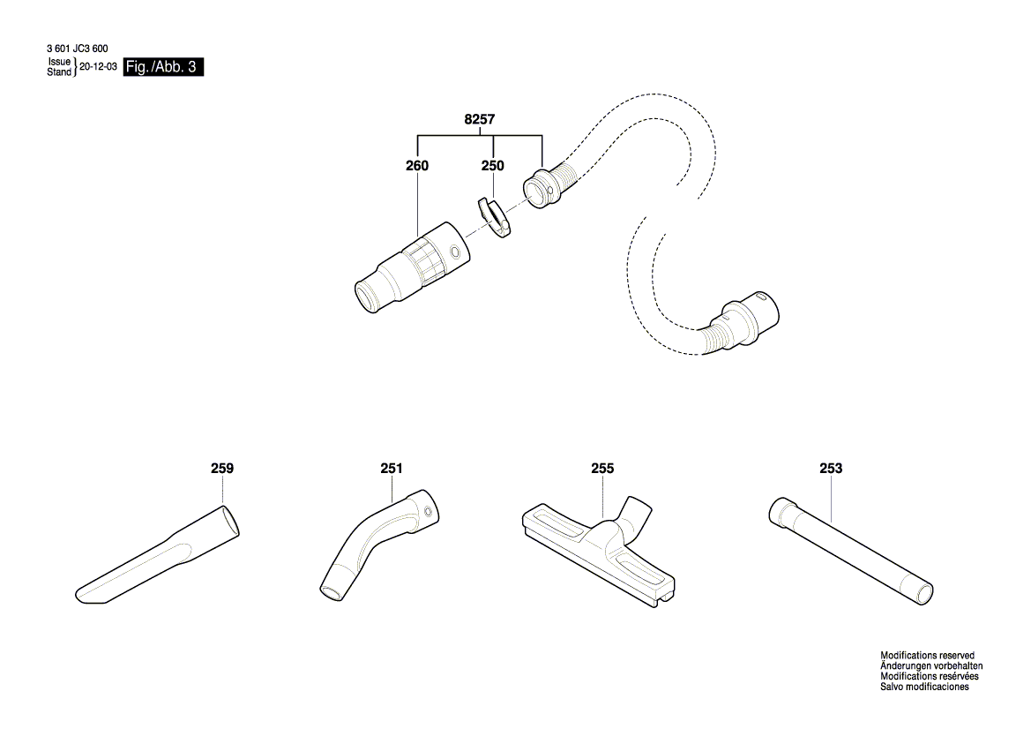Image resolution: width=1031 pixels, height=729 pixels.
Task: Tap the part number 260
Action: coord(417,166)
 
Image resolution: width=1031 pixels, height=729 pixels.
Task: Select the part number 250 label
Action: coord(492,166)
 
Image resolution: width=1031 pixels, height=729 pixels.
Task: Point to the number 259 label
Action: coord(222,469)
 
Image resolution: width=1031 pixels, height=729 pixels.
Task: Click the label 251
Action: coord(392,469)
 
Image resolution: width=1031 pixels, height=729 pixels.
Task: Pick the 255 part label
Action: coord(602,469)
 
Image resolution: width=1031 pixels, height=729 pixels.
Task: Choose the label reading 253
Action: coord(831,469)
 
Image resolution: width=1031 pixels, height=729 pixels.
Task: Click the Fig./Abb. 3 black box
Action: coord(164,67)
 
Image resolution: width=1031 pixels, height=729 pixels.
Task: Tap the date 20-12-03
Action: coord(98,67)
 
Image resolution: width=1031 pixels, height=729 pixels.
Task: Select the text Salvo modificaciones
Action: coord(924,687)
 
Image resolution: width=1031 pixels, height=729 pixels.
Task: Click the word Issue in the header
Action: coord(59,63)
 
